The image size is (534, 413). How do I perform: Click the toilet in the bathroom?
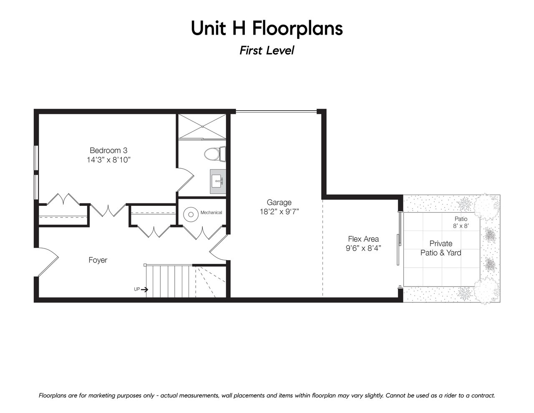[x=215, y=154]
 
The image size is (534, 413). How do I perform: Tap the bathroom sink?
[x=218, y=181]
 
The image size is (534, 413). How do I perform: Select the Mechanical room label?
[x=211, y=213]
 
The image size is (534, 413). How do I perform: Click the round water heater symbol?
[x=191, y=215]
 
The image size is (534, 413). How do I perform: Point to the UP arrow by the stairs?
[x=145, y=289]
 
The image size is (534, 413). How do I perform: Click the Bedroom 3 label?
[x=108, y=150]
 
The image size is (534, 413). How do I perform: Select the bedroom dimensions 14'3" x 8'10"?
[x=108, y=160]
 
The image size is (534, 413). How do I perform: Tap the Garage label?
[x=279, y=202]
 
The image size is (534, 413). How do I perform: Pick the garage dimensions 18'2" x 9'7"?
[x=279, y=212]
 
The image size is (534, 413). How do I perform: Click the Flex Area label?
[x=363, y=239]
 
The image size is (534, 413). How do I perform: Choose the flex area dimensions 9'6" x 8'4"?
[x=363, y=248]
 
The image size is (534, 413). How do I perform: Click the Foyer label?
[x=98, y=260]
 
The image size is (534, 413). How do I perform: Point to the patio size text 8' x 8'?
[x=461, y=226]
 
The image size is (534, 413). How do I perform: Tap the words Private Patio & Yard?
[x=441, y=248]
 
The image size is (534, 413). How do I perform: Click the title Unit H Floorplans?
[x=267, y=28]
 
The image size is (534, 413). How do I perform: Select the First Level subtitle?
[x=267, y=51]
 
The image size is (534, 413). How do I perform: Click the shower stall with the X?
[x=202, y=127]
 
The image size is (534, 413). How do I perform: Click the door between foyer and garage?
[x=219, y=247]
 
